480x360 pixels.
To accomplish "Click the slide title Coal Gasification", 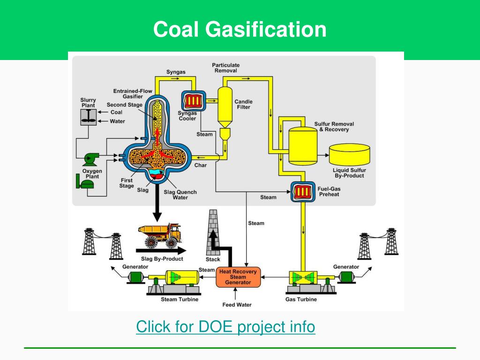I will pos(240,29).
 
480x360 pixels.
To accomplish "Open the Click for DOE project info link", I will pos(225,326).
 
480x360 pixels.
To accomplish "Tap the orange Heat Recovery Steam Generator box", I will pos(238,277).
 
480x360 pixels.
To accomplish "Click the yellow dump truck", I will pos(159,234).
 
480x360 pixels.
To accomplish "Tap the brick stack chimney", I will pos(213,232).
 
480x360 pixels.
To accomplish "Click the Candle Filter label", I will pos(243,104).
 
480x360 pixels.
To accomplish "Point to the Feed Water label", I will pos(237,305).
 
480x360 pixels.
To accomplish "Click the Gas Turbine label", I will pos(301,299).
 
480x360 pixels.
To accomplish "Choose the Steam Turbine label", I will pos(180,299).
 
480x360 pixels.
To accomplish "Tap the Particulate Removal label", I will pos(225,68).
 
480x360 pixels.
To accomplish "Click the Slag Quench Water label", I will pos(180,195).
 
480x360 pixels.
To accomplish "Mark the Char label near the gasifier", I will pos(200,165).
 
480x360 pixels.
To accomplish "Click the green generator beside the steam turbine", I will pos(137,277).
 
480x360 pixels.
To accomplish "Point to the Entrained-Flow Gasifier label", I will pos(128,94).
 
